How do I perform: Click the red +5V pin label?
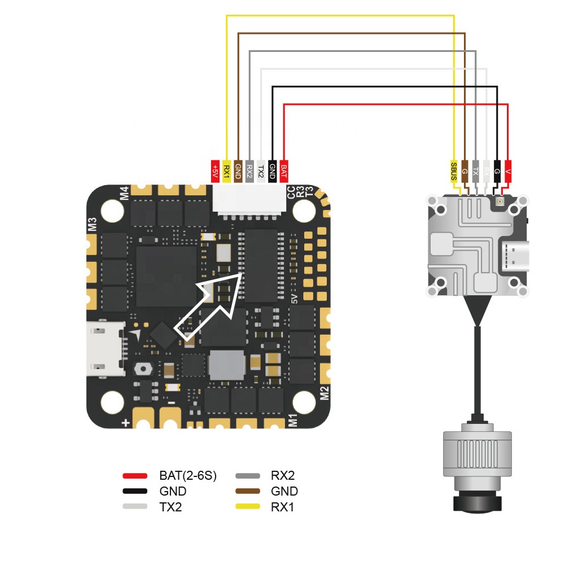[x=214, y=170]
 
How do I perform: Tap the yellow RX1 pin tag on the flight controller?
[x=226, y=170]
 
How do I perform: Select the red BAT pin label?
[x=283, y=170]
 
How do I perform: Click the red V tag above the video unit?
[x=508, y=170]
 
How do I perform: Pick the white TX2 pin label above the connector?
[x=260, y=170]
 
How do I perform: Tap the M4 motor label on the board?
[x=124, y=193]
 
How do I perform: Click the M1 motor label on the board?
[x=292, y=420]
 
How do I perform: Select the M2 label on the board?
[x=325, y=393]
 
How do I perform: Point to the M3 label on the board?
[x=92, y=224]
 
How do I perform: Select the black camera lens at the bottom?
[x=477, y=502]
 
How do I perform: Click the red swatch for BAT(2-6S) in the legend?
[x=135, y=476]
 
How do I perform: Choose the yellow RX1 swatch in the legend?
[x=248, y=506]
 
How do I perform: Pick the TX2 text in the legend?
[x=170, y=506]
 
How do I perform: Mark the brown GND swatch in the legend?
[x=248, y=491]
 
